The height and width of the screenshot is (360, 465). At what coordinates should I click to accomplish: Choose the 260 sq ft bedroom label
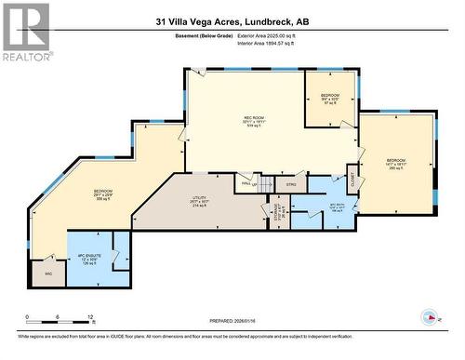[396, 164]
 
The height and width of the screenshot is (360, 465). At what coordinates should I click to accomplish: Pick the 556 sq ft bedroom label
[103, 193]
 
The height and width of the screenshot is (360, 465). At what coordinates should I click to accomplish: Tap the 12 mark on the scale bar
[86, 317]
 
